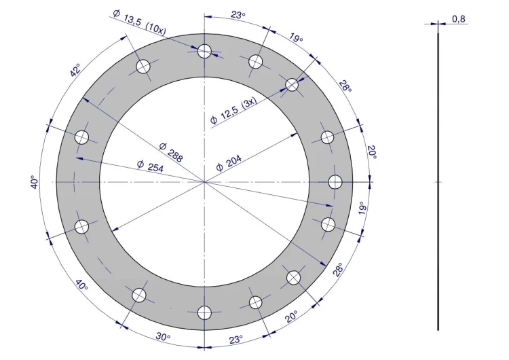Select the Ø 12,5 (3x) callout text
[x=233, y=111]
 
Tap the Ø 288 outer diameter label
[x=172, y=152]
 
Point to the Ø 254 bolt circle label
[x=150, y=166]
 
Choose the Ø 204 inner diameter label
[x=229, y=163]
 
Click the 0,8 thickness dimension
[x=458, y=19]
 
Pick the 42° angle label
[x=75, y=71]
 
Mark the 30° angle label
[x=163, y=337]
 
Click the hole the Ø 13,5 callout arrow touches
[x=204, y=51]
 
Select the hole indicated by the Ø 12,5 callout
[x=292, y=84]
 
